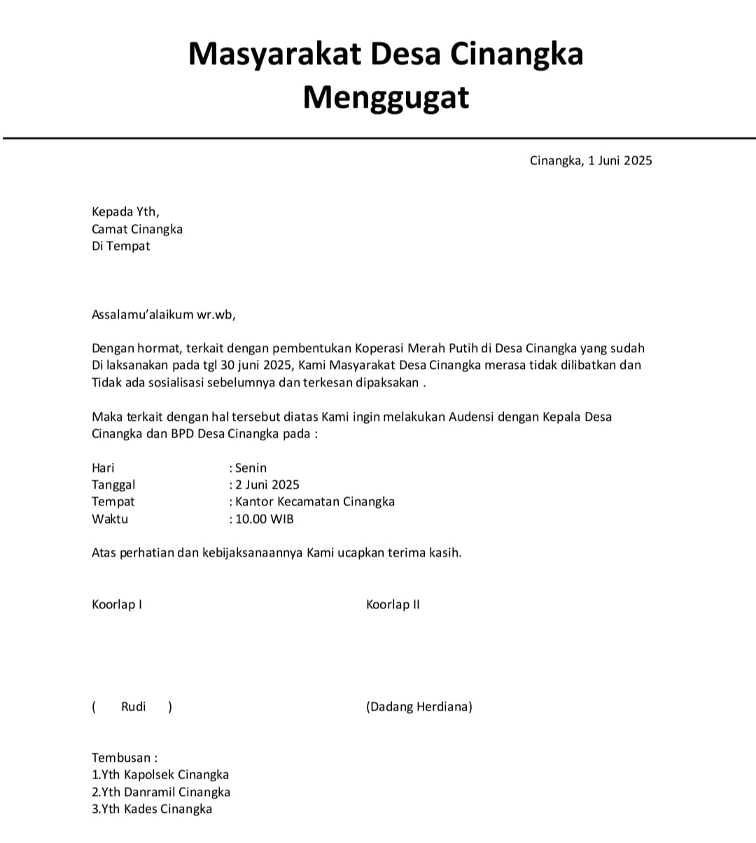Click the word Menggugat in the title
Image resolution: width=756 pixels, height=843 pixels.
386,97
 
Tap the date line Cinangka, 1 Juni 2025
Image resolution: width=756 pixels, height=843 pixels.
591,160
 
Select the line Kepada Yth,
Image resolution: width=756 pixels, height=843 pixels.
125,211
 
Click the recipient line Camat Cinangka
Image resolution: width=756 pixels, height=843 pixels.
137,229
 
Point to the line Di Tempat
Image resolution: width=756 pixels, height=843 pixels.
120,246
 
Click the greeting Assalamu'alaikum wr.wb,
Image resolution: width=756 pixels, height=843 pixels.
164,314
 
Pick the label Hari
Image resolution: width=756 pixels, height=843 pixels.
103,468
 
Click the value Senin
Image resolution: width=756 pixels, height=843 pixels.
251,468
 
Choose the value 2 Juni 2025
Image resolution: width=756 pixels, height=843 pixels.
267,485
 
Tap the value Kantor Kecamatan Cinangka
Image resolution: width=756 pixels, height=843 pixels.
315,501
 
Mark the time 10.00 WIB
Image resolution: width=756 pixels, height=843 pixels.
264,519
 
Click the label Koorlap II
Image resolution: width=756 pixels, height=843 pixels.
393,604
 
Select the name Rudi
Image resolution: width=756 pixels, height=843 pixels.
133,706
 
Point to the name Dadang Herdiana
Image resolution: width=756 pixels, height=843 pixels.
419,706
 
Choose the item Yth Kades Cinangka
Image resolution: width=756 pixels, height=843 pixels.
156,809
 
